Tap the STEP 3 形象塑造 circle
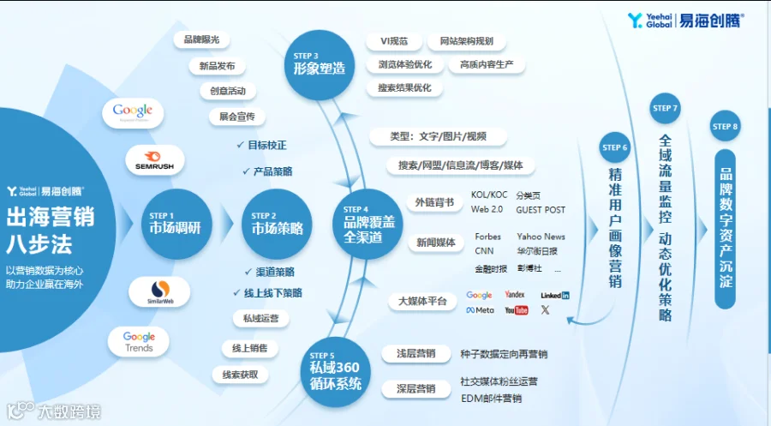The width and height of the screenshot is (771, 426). (319, 63)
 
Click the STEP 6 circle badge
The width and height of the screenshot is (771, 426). (615, 147)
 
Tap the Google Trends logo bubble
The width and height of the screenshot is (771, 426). (139, 342)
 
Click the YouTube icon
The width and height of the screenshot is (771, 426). (517, 310)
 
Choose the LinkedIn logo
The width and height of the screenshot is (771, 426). (555, 295)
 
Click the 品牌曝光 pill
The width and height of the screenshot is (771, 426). (202, 40)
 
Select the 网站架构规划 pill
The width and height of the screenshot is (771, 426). (466, 41)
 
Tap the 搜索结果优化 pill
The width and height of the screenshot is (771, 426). (405, 87)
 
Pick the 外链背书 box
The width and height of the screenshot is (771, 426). (435, 202)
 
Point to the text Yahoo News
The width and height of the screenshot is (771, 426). (541, 237)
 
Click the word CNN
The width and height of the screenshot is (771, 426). (484, 251)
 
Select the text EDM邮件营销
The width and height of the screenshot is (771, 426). (491, 398)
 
